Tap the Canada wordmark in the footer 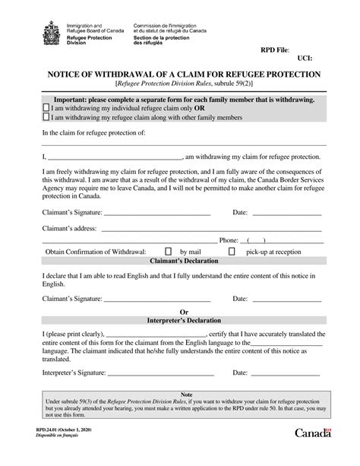312,454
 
